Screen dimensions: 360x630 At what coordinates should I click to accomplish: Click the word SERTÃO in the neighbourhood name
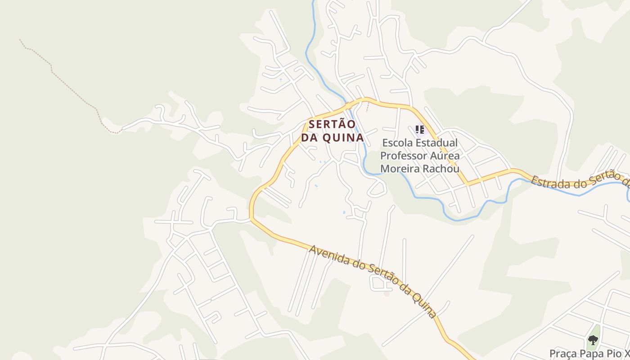(332, 124)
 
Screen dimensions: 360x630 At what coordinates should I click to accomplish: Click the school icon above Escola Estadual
(420, 130)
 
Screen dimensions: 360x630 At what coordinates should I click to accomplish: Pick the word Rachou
(443, 169)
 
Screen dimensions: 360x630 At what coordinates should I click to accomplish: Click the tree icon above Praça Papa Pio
(593, 340)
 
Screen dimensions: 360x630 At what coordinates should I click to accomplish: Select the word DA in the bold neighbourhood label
(309, 138)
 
